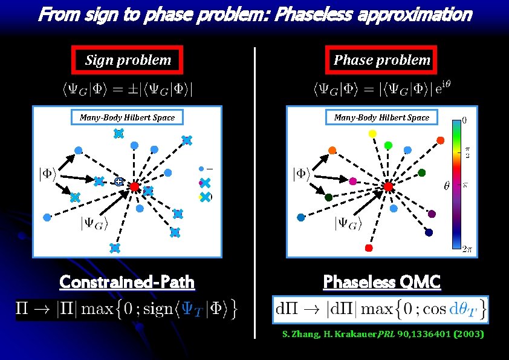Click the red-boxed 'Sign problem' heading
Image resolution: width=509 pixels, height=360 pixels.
click(x=128, y=59)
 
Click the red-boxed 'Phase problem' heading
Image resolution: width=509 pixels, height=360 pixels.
click(x=382, y=59)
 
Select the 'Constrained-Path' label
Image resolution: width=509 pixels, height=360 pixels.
click(x=127, y=282)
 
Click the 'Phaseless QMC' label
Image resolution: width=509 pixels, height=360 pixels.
click(x=381, y=282)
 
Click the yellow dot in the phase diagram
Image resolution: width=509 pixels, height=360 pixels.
click(x=365, y=134)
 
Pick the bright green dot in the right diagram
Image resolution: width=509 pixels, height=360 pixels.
click(x=388, y=145)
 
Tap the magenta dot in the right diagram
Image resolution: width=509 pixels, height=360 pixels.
click(x=353, y=181)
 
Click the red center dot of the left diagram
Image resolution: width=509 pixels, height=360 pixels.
click(x=134, y=187)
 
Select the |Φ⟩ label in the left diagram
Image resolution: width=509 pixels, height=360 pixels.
click(x=48, y=174)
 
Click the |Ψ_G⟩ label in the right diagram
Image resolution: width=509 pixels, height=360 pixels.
click(x=348, y=224)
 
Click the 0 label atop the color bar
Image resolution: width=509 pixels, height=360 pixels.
click(x=464, y=120)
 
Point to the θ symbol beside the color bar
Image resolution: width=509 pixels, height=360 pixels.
click(x=447, y=186)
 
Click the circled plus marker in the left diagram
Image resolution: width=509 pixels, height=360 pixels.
click(x=119, y=181)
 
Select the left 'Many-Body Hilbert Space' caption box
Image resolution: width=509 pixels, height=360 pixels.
click(x=127, y=117)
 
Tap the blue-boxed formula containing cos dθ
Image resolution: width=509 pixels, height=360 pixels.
click(x=381, y=309)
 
